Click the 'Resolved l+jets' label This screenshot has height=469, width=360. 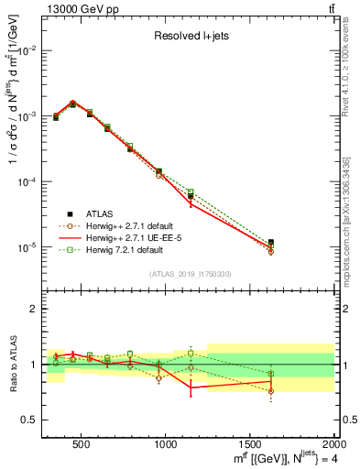tap(191, 38)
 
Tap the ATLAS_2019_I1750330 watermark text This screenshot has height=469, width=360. tap(190, 274)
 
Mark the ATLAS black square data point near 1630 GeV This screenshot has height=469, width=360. tap(270, 243)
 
